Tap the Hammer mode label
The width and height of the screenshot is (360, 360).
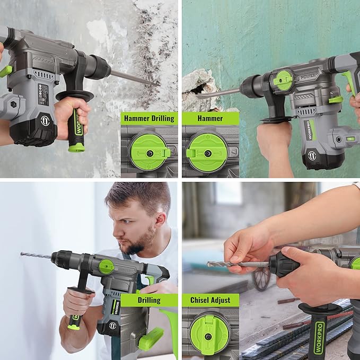pos(210,118)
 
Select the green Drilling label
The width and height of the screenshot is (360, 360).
pos(148,300)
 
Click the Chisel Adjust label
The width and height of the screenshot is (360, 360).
pos(210,300)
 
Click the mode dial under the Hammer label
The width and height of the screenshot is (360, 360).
pos(208,152)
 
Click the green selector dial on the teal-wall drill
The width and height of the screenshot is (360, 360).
pos(285,81)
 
